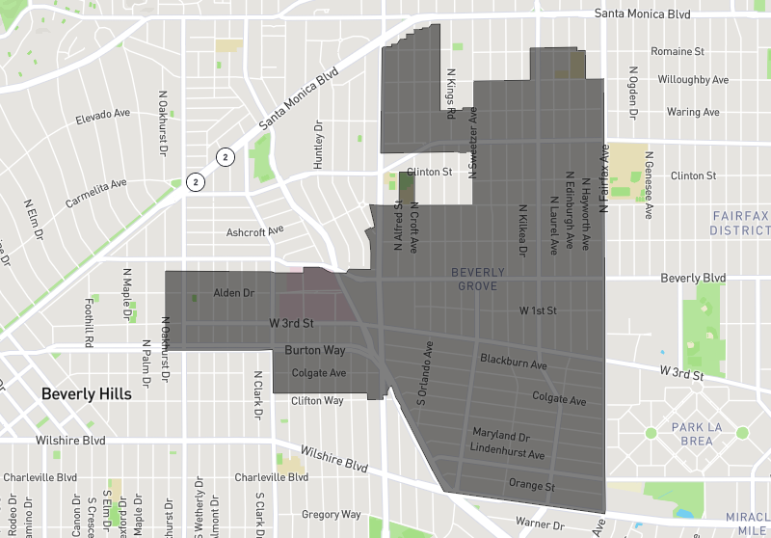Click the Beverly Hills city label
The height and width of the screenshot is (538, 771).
pyautogui.click(x=86, y=394)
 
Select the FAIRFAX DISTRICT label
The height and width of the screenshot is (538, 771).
pyautogui.click(x=739, y=223)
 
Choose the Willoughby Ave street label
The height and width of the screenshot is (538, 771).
pyautogui.click(x=693, y=80)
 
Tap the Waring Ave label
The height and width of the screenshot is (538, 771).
pyautogui.click(x=692, y=112)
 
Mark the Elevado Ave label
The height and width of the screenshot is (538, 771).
pyautogui.click(x=103, y=119)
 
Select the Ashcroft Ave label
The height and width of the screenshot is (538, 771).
pyautogui.click(x=254, y=231)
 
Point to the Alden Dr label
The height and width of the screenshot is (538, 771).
pyautogui.click(x=233, y=292)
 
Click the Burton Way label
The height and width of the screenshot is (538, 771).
pyautogui.click(x=314, y=350)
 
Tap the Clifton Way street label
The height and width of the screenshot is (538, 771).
pyautogui.click(x=317, y=400)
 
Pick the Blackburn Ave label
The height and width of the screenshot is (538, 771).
pyautogui.click(x=514, y=363)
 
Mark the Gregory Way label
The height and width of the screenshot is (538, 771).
pyautogui.click(x=331, y=515)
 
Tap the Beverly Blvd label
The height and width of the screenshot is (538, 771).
pyautogui.click(x=693, y=278)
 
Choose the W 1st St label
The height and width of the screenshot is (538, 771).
pyautogui.click(x=538, y=310)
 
